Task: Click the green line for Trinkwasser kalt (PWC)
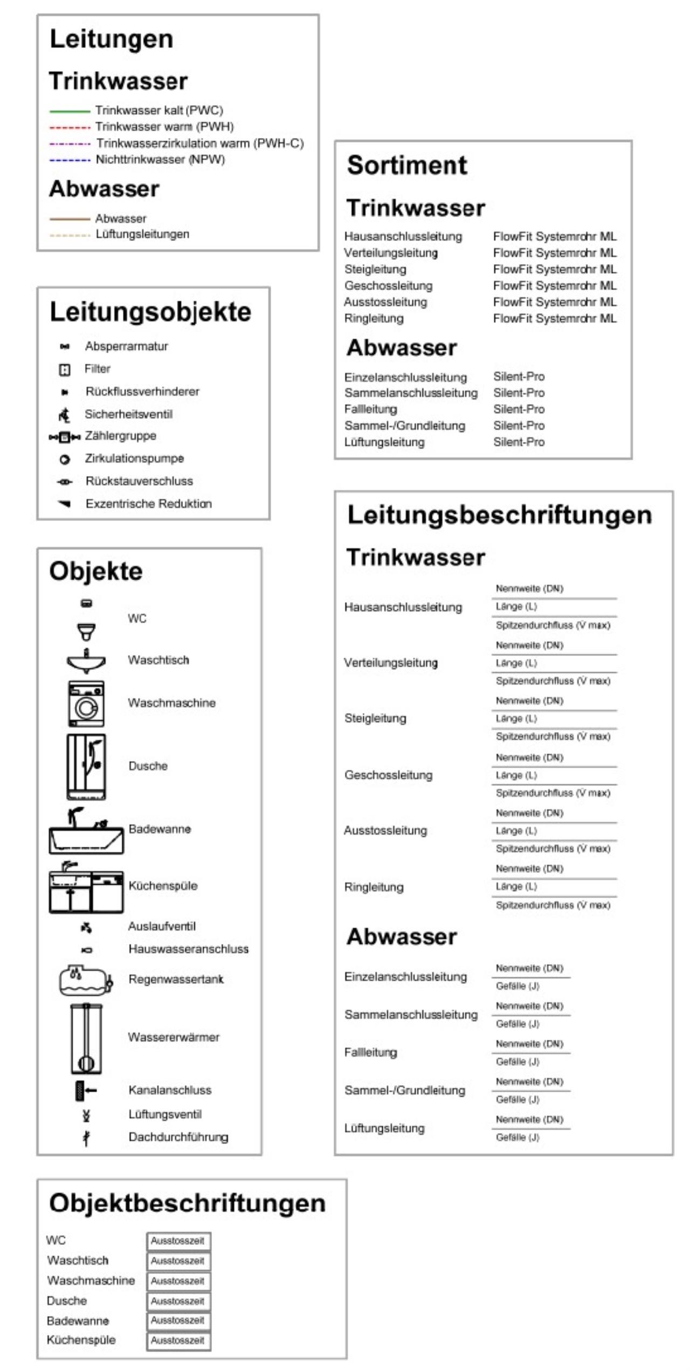(x=70, y=111)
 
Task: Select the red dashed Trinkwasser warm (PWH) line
(x=70, y=128)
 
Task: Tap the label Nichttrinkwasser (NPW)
(x=160, y=160)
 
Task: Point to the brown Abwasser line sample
(x=70, y=219)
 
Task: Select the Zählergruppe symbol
(x=65, y=437)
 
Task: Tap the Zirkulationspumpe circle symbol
(x=65, y=460)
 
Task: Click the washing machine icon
(x=86, y=704)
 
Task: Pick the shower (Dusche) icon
(x=86, y=766)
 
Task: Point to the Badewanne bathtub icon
(x=86, y=832)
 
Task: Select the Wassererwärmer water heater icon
(x=86, y=1038)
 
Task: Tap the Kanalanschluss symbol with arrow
(x=85, y=1091)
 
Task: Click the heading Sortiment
(x=407, y=165)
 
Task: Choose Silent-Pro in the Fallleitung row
(x=519, y=409)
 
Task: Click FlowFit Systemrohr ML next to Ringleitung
(x=555, y=319)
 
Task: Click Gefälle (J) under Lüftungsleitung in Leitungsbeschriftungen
(x=517, y=1137)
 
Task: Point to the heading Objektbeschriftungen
(x=187, y=1203)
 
